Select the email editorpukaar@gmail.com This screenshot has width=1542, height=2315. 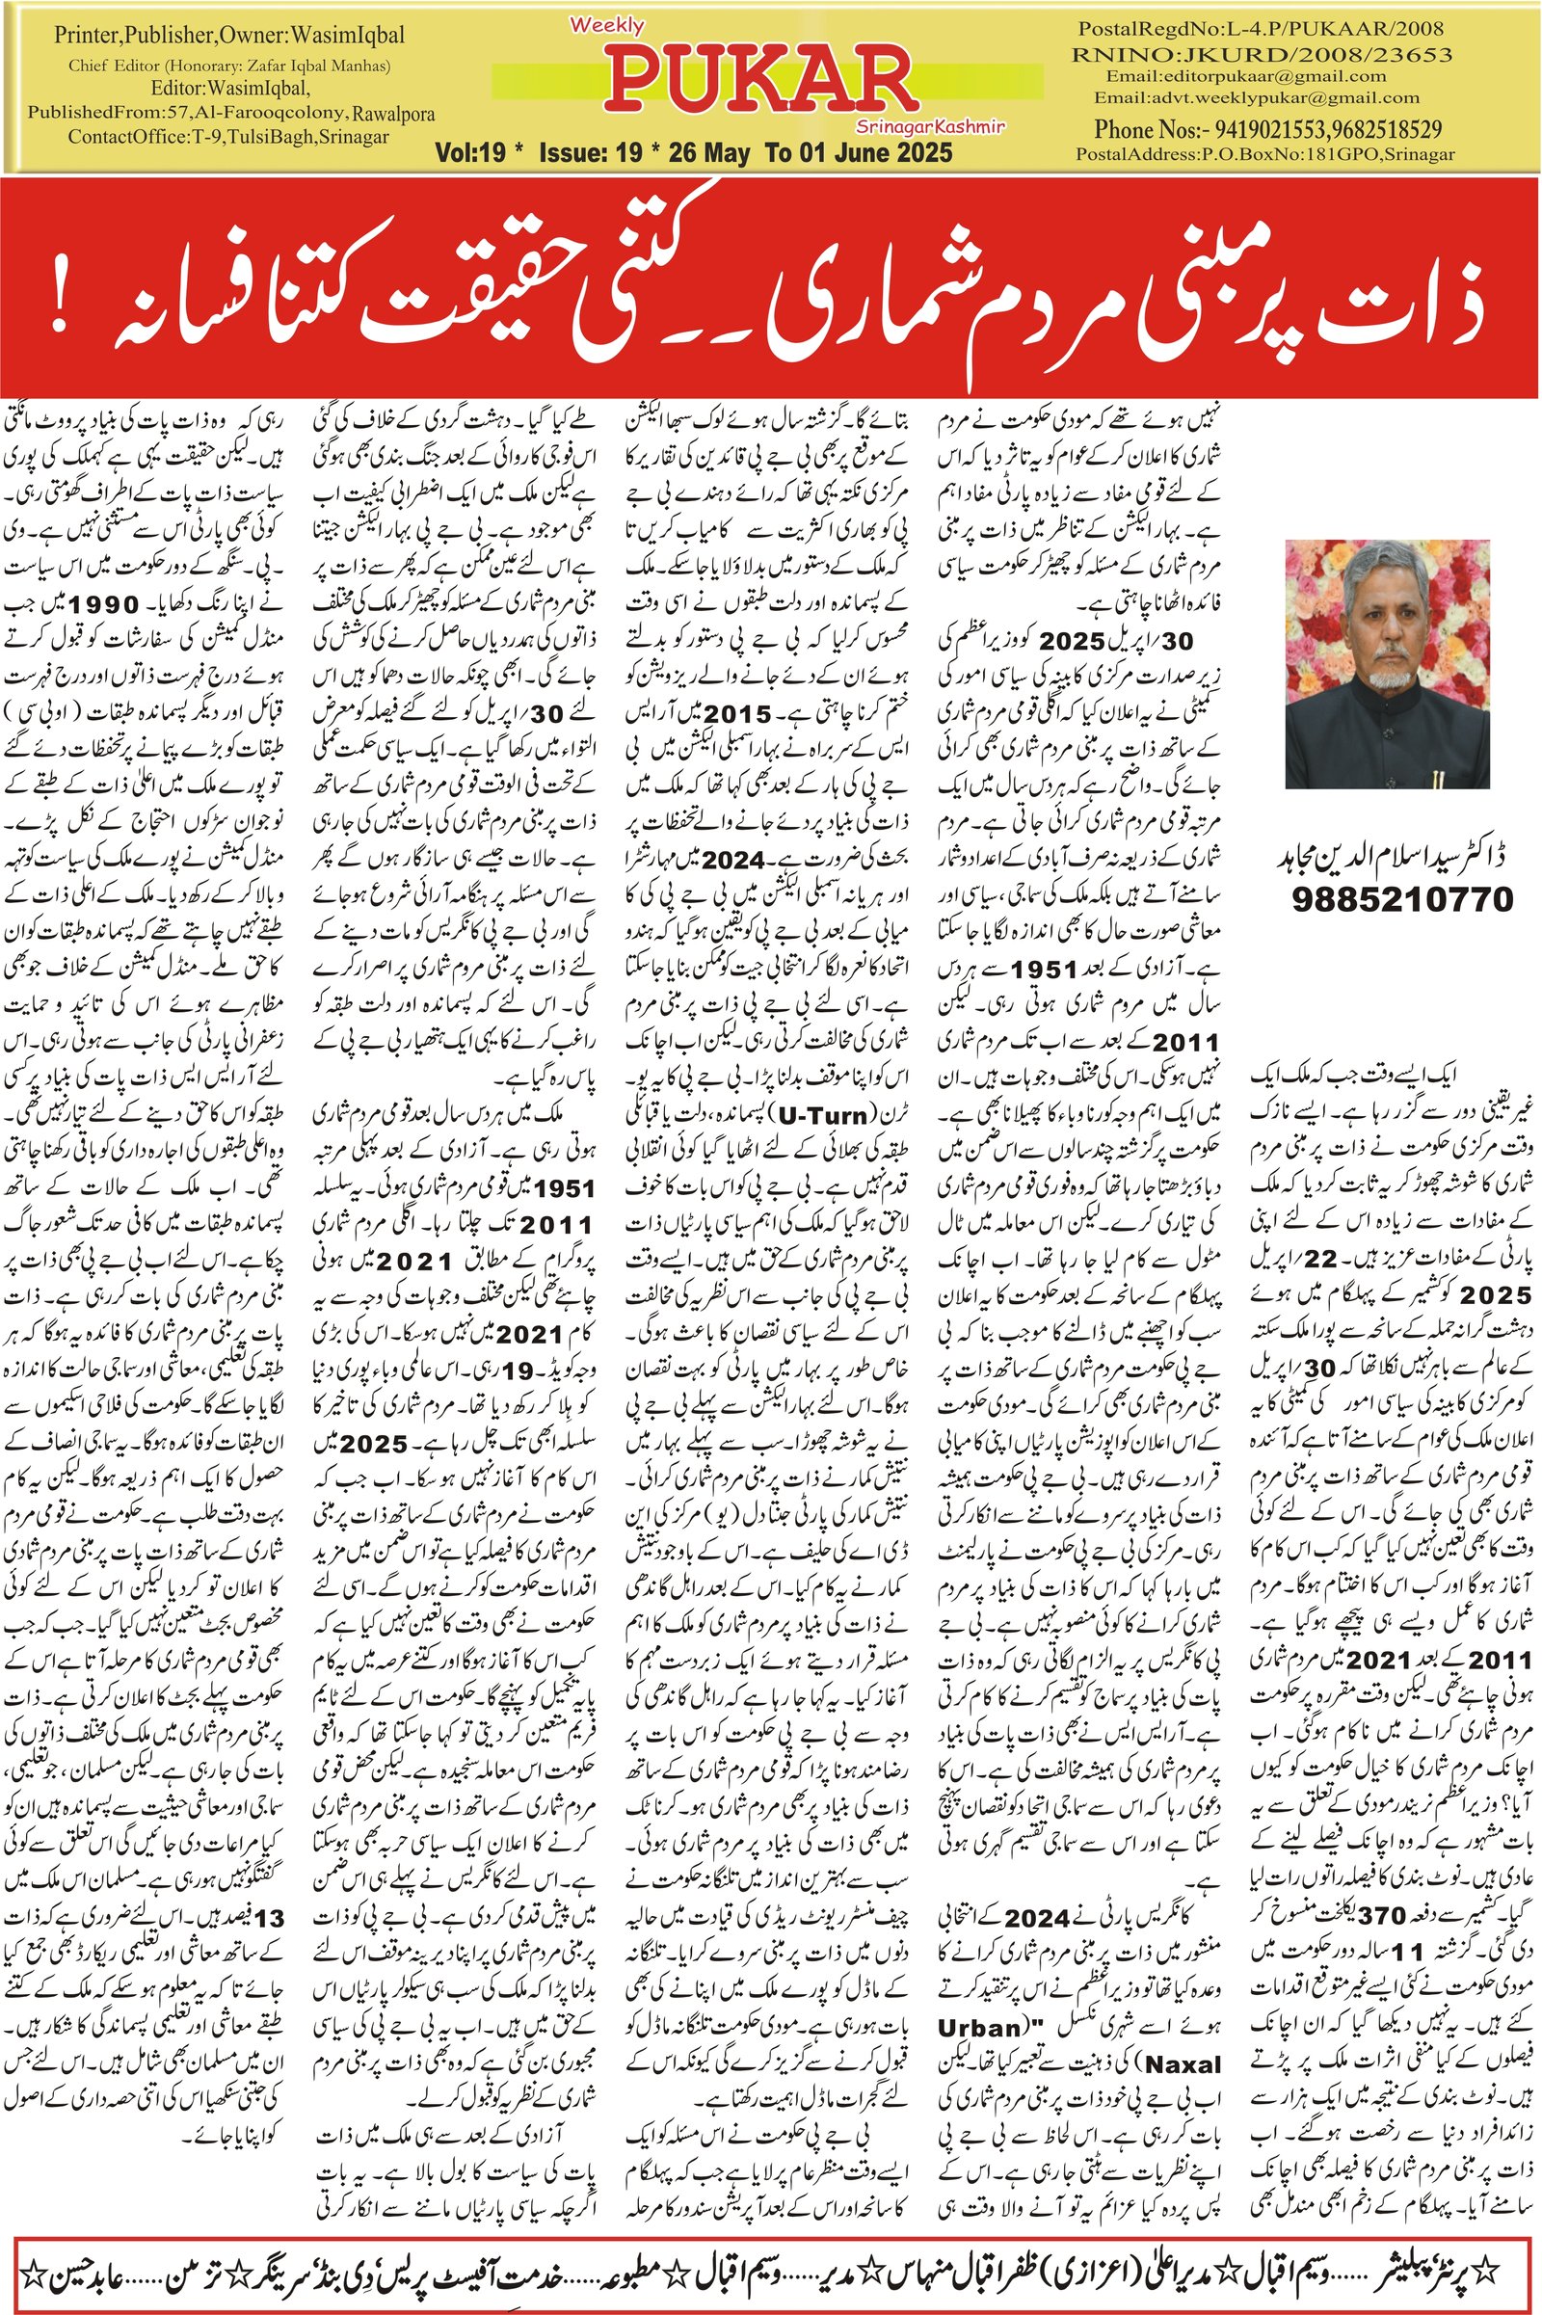pyautogui.click(x=1246, y=76)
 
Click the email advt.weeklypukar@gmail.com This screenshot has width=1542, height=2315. pyautogui.click(x=1257, y=97)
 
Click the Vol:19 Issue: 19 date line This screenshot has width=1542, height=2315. pyautogui.click(x=693, y=152)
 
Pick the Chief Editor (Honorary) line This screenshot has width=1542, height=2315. pyautogui.click(x=229, y=67)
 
